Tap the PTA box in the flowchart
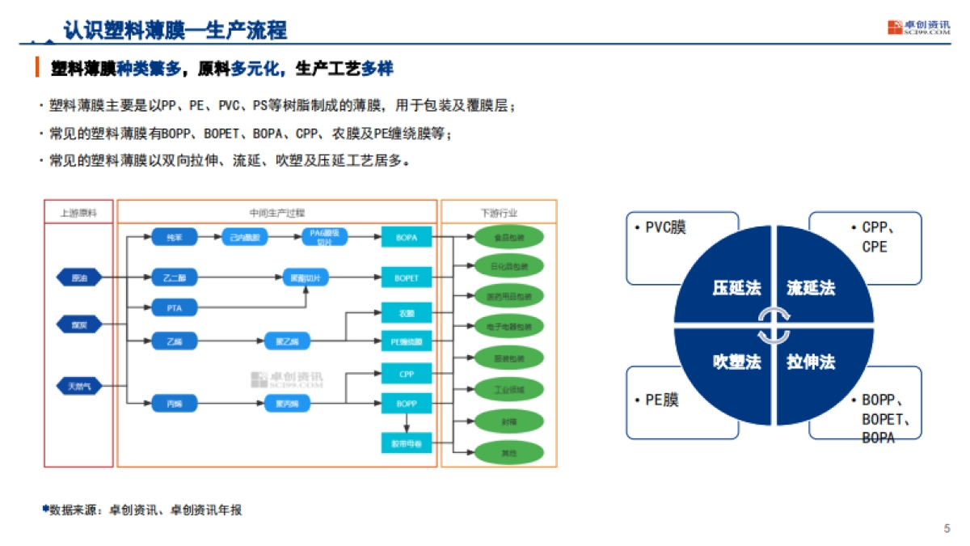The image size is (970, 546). click(x=175, y=307)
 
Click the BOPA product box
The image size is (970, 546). click(x=407, y=238)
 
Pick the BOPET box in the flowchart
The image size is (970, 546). click(x=407, y=278)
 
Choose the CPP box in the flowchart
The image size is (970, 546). click(x=407, y=375)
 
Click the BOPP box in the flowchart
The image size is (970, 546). click(x=407, y=403)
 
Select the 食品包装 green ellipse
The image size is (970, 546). click(x=509, y=238)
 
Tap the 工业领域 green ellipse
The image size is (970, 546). click(x=509, y=390)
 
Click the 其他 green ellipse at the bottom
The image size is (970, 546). click(x=509, y=453)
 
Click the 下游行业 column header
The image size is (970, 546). click(x=499, y=213)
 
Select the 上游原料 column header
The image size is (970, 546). click(x=78, y=213)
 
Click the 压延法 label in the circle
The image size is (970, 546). click(x=736, y=288)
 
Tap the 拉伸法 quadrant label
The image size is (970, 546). click(x=811, y=362)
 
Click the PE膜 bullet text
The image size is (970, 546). click(x=661, y=400)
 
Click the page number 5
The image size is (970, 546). click(x=947, y=529)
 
